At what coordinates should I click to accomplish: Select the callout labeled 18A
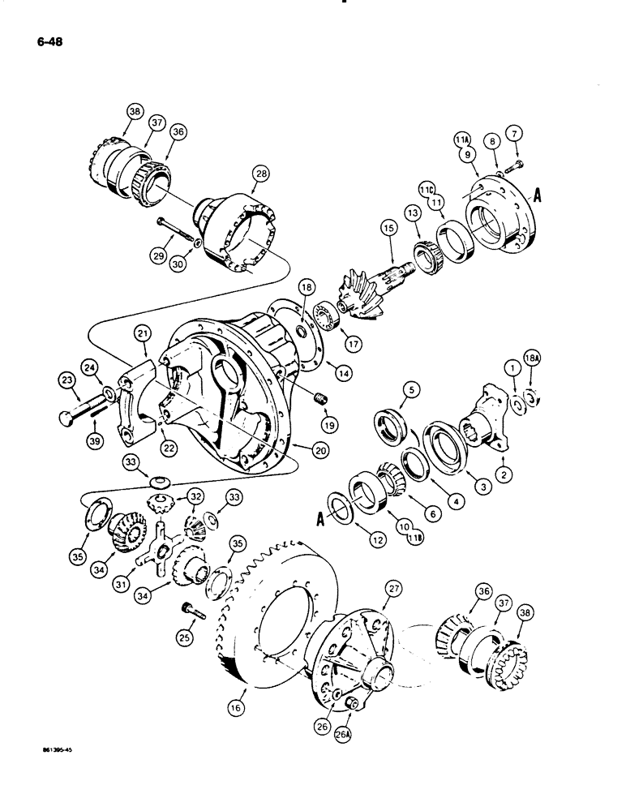532,372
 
